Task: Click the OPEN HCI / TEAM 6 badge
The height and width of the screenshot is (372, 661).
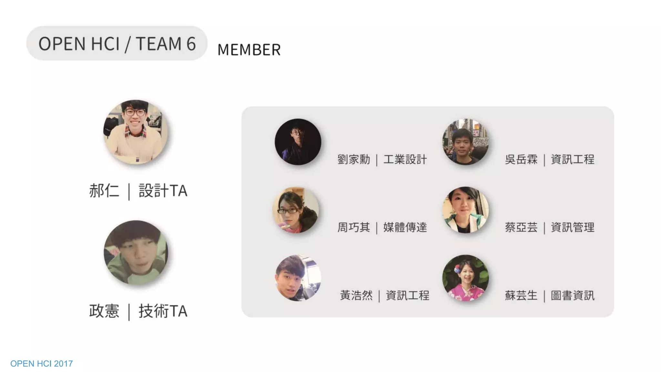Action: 117,44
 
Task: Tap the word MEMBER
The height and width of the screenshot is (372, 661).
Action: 249,50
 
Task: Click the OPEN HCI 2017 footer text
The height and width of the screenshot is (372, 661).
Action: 42,364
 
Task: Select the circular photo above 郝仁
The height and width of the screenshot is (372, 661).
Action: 136,132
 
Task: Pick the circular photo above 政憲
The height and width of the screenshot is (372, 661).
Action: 136,252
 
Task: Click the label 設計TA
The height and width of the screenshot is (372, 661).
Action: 163,191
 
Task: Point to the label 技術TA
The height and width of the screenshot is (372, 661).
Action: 163,311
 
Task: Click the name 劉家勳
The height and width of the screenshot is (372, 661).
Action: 354,160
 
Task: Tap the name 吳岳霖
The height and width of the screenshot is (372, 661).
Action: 521,160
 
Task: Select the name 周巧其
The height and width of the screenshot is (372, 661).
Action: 354,227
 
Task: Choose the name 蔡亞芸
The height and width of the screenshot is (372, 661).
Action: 521,227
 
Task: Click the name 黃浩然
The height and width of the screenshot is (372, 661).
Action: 356,295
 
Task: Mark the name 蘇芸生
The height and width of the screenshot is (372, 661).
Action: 521,295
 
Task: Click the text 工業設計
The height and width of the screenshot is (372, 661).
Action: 405,160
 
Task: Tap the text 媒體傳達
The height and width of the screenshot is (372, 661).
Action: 405,227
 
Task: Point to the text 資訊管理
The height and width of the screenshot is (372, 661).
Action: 573,227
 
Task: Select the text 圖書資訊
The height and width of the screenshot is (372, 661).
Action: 573,295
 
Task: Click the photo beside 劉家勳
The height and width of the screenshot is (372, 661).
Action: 298,142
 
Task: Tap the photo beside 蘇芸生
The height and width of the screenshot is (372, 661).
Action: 465,278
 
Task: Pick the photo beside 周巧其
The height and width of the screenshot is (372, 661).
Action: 296,210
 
